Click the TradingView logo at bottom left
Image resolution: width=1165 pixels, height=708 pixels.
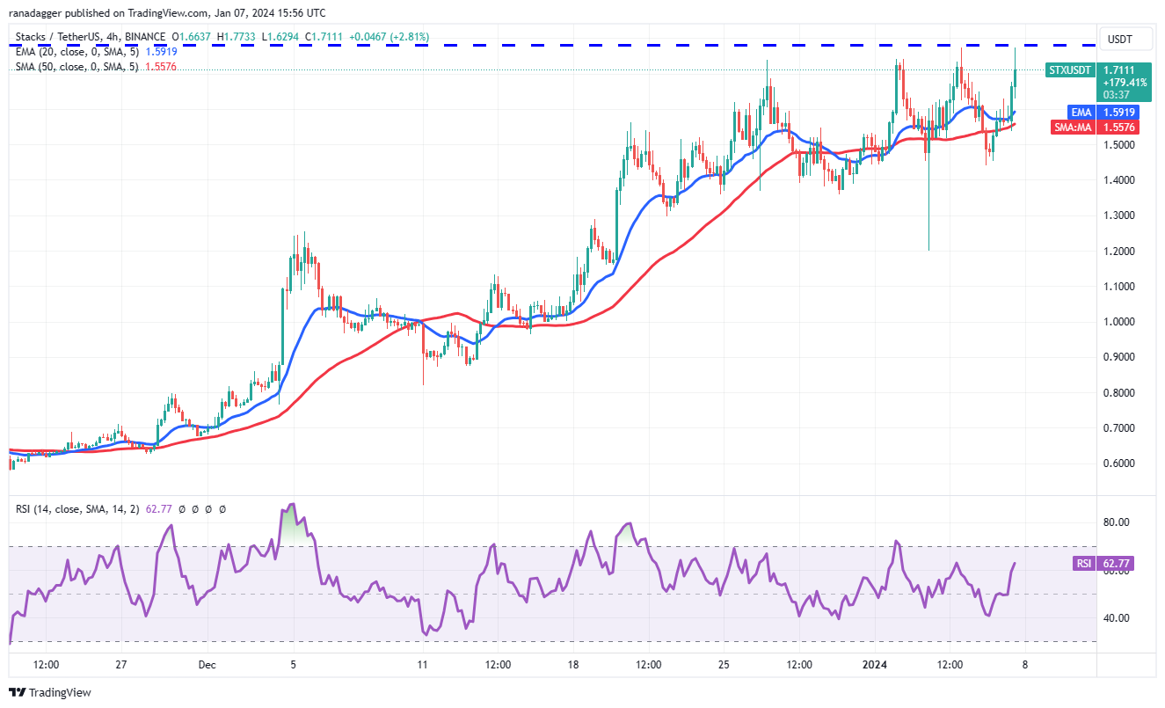click(50, 692)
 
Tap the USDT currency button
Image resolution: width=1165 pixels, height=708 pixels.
click(1118, 39)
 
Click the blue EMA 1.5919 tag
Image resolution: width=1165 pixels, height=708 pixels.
click(1081, 113)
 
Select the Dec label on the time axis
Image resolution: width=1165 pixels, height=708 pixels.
click(208, 665)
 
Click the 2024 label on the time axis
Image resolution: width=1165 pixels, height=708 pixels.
click(876, 665)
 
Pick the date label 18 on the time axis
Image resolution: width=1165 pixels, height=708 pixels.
click(573, 665)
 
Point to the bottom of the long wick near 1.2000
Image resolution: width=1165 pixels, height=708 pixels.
click(928, 250)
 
